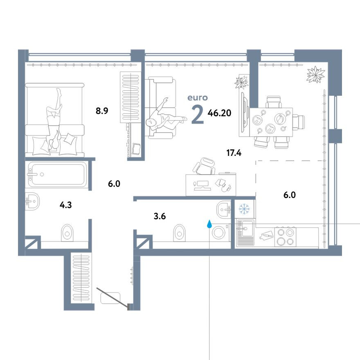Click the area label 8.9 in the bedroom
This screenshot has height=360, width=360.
pos(102,111)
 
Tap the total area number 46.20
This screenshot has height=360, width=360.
pos(219,113)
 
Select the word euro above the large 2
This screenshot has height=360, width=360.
pos(198,98)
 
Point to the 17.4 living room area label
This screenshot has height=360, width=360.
pos(234,153)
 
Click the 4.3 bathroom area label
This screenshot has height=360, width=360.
pos(66,205)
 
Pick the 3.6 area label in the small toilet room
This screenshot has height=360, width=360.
pos(160,216)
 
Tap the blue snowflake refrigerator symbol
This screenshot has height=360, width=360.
pos(244,209)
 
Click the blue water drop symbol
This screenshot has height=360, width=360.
pos(209,224)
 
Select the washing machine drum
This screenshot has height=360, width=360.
pos(218,233)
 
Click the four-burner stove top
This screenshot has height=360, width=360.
pos(286,237)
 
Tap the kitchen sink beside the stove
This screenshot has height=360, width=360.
pos(246,233)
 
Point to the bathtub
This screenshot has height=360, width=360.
pos(57,174)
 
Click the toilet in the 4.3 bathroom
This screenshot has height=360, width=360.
pos(67,233)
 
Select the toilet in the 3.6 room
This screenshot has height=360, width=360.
pos(179,233)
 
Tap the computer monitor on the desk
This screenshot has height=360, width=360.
pos(202,184)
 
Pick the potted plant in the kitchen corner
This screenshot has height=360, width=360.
pos(316,74)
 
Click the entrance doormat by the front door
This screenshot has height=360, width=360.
pos(110,298)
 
